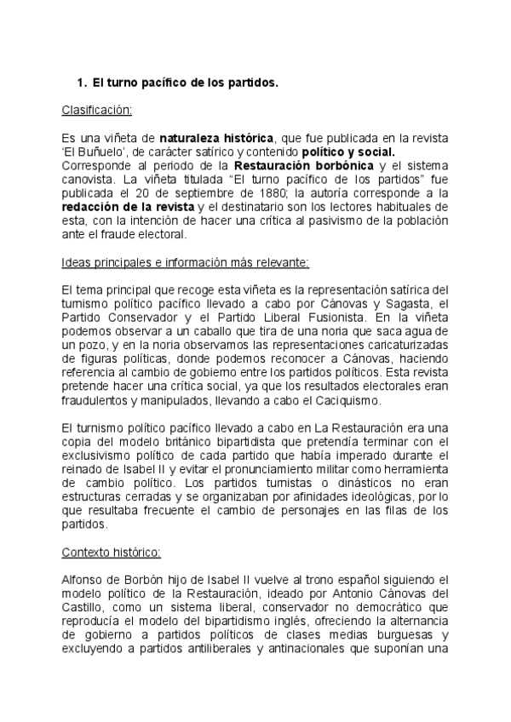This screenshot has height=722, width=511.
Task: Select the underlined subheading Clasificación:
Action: click(x=97, y=110)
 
